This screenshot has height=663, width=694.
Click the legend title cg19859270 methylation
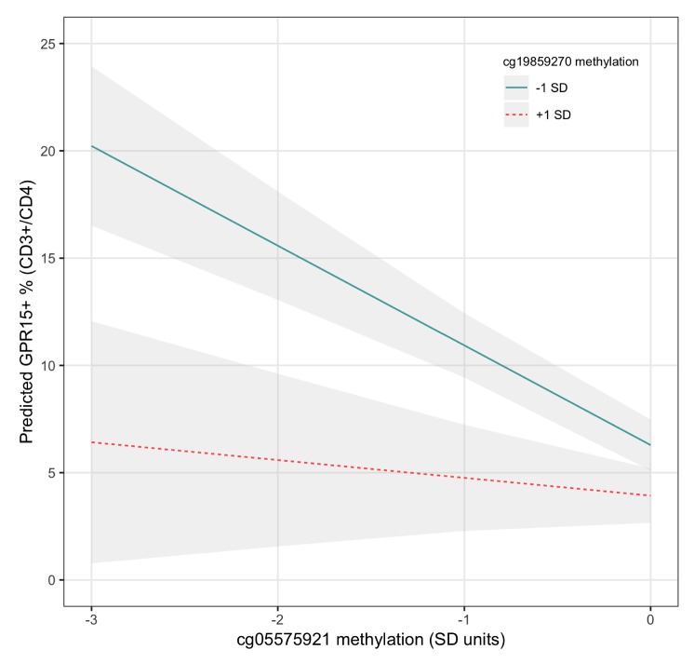pyautogui.click(x=557, y=63)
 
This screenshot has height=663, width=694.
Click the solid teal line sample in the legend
pyautogui.click(x=516, y=88)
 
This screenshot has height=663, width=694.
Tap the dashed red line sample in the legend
pyautogui.click(x=516, y=115)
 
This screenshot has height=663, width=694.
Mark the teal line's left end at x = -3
pyautogui.click(x=91, y=146)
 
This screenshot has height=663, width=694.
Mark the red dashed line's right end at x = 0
pyautogui.click(x=650, y=495)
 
